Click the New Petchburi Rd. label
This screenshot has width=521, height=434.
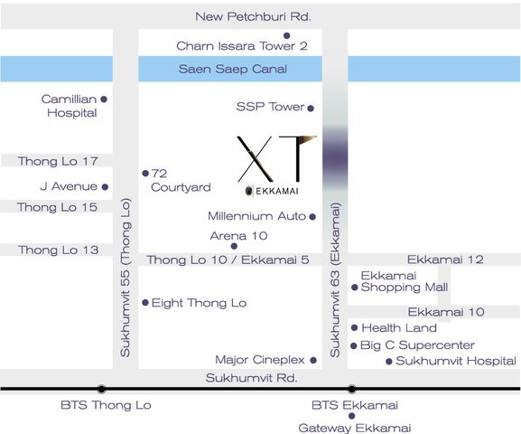253,16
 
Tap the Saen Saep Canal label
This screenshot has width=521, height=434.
233,69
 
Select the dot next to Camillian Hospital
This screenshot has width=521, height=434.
104,99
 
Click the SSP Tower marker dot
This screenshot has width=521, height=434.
311,108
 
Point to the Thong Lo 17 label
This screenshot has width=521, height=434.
58,161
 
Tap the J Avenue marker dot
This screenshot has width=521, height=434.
105,187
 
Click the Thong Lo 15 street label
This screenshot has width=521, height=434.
57,207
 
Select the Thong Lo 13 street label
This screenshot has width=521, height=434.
59,250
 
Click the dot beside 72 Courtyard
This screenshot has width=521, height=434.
145,173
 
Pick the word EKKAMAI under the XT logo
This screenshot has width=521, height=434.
277,191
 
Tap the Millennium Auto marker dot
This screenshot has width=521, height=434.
312,217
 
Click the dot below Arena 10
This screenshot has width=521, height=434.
234,246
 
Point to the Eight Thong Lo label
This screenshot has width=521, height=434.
199,303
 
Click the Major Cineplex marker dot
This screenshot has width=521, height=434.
313,360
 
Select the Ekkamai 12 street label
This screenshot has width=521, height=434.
445,259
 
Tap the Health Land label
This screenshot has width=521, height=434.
399,328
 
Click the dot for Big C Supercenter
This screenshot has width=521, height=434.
354,345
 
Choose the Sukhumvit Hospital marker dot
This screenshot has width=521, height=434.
389,361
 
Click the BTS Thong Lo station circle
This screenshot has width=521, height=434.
102,389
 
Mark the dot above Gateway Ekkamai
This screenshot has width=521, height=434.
352,416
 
